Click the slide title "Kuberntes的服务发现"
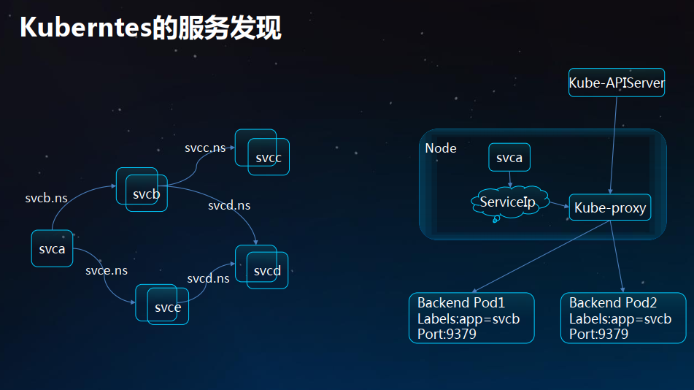[150, 28]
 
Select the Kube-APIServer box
[617, 83]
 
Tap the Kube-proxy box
[610, 208]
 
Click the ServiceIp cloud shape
[508, 202]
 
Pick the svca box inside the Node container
[509, 158]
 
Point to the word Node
[441, 148]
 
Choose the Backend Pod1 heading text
[460, 302]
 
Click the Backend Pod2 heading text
[613, 302]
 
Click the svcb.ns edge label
[46, 198]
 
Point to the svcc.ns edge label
[205, 148]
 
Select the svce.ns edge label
[107, 270]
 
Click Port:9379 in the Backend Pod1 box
[447, 334]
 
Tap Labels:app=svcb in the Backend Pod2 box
[620, 318]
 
